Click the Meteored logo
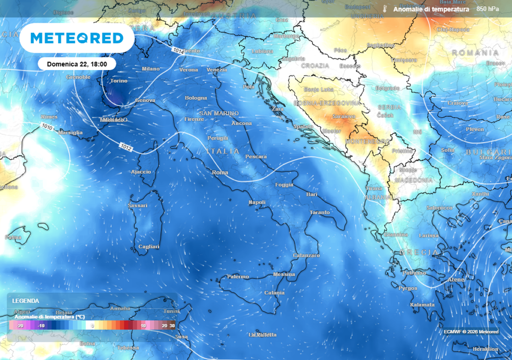(x=76, y=38)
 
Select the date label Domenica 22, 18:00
(x=76, y=64)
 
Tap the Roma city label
(x=220, y=172)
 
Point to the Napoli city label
(x=257, y=202)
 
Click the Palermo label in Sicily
(x=238, y=276)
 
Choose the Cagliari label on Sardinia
(x=148, y=246)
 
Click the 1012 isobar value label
(x=126, y=146)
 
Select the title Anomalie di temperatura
(x=431, y=9)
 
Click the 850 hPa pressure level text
(x=488, y=9)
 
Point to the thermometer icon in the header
(x=385, y=9)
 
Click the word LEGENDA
(x=25, y=301)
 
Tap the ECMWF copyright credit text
(x=470, y=331)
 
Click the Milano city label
(x=150, y=69)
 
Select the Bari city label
(x=312, y=194)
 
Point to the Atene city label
(x=456, y=280)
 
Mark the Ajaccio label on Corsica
(x=140, y=172)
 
